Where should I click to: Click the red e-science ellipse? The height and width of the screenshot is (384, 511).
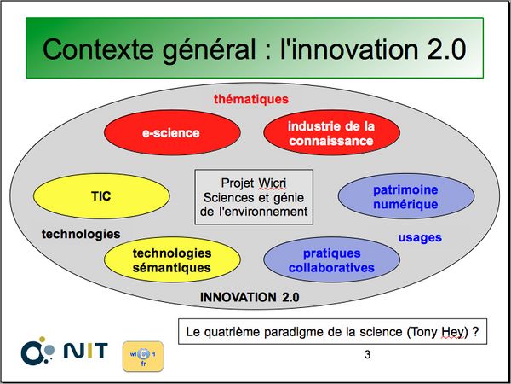point(172,132)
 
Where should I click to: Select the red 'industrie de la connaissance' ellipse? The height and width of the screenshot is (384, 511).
point(331,132)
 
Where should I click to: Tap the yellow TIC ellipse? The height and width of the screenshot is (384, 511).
point(101,196)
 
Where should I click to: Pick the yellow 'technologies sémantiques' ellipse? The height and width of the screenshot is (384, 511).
point(172,259)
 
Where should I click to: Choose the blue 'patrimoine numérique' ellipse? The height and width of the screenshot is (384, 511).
point(406,196)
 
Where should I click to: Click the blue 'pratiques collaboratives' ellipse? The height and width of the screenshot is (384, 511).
point(331,259)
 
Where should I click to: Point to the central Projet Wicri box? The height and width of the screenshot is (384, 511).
point(254,197)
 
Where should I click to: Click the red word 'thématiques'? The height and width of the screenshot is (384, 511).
point(251,99)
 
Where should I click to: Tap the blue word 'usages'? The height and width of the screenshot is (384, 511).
point(420,238)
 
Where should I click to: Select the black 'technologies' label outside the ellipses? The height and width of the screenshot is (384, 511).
point(81,234)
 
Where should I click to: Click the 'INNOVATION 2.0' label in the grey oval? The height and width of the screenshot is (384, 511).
point(250,297)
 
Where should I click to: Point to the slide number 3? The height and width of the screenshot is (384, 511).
point(367,355)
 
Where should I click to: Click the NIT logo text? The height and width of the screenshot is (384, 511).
point(85,351)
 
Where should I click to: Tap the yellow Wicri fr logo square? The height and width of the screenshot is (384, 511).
point(143,357)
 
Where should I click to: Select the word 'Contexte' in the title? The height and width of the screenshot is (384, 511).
point(98,49)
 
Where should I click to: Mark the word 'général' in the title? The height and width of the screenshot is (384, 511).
point(210,51)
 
